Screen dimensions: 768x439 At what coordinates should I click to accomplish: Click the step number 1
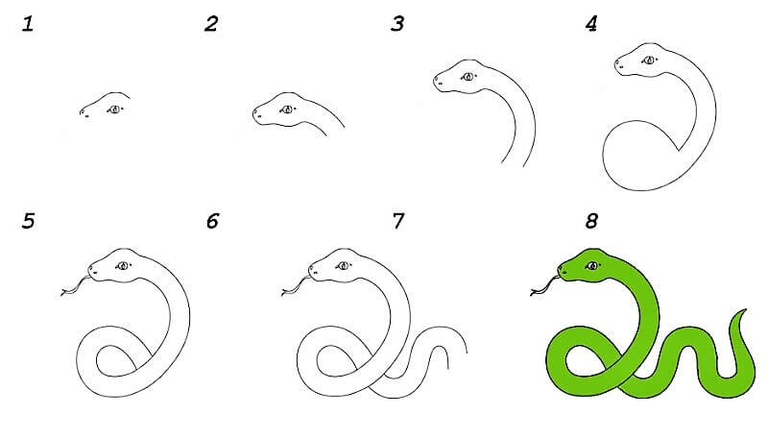tap(28, 23)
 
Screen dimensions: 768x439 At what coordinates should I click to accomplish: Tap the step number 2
tap(211, 23)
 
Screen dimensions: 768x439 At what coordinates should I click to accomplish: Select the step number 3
tap(397, 23)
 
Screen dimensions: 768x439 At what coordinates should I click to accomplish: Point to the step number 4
tap(591, 23)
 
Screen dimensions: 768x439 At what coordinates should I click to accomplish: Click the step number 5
tap(29, 221)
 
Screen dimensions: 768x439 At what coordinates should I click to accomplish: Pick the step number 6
tap(212, 221)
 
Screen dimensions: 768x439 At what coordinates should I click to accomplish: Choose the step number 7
tap(398, 221)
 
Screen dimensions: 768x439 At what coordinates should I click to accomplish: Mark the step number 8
tap(591, 221)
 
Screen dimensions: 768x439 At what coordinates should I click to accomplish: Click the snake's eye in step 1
tap(115, 110)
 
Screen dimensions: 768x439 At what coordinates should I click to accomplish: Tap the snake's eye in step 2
tap(287, 110)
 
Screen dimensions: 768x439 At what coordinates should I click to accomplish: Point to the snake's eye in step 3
tap(468, 77)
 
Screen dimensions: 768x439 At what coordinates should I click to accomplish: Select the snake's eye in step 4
tap(650, 61)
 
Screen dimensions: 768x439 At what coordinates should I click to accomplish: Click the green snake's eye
tap(593, 266)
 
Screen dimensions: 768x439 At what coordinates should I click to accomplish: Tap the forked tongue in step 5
tap(75, 286)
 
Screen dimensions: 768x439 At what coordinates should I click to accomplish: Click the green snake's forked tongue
tap(544, 286)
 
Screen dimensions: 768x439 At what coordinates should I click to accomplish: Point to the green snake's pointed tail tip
tap(746, 309)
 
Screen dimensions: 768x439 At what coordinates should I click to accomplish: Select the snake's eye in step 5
tap(123, 266)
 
